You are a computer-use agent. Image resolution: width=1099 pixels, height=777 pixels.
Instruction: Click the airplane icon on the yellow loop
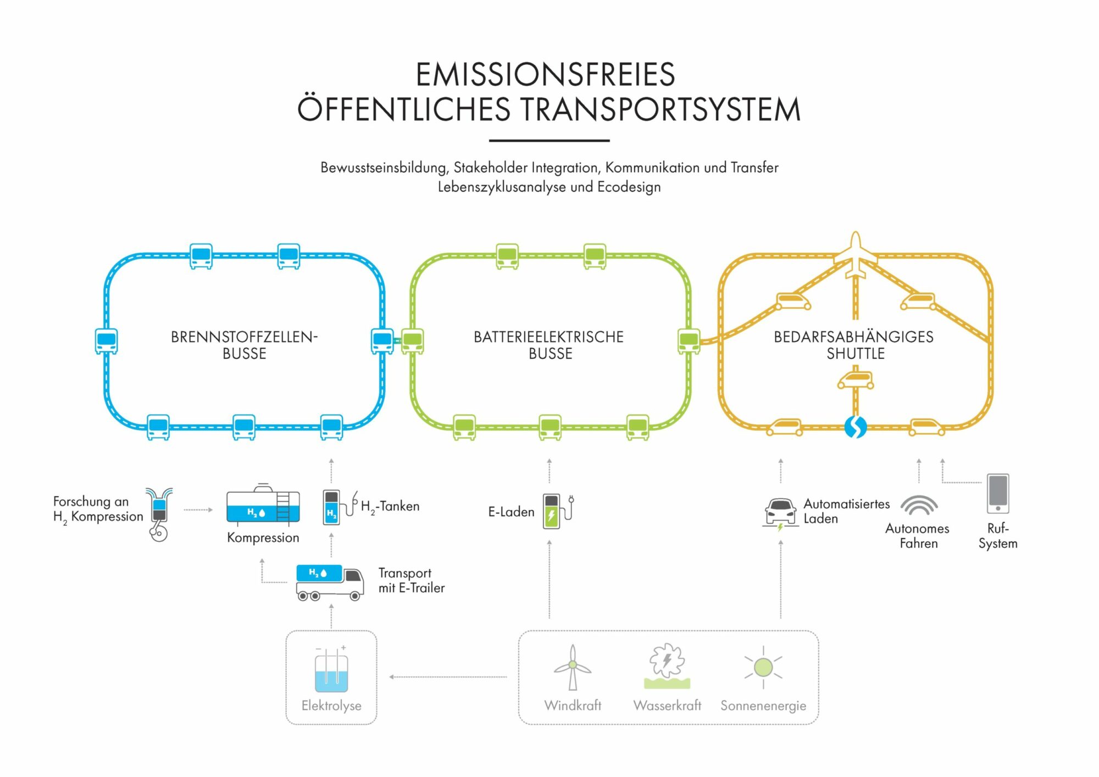[x=855, y=255]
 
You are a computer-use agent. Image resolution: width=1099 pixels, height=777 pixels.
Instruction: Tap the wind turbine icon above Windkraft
[x=573, y=667]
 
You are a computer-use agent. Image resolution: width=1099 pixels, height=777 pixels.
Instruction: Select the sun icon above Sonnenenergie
[x=763, y=667]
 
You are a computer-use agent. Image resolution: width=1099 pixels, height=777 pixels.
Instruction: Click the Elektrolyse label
[x=331, y=706]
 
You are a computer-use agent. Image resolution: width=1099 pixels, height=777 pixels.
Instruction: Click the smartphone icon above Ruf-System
[x=998, y=493]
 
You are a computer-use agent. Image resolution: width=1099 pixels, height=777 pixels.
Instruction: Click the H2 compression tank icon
[x=263, y=504]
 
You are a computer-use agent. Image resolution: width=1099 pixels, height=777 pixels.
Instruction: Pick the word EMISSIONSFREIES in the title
[x=545, y=75]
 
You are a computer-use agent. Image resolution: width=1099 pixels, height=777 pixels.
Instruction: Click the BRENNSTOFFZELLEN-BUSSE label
[x=245, y=345]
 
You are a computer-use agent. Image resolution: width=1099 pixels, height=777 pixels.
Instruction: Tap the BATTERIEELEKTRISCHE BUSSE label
[x=549, y=345]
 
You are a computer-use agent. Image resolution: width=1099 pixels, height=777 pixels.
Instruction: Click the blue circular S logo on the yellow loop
[x=855, y=427]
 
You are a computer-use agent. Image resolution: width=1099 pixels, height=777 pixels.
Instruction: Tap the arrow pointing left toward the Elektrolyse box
[x=391, y=677]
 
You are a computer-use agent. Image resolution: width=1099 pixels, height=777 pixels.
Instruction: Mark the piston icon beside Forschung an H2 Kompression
[x=159, y=514]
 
